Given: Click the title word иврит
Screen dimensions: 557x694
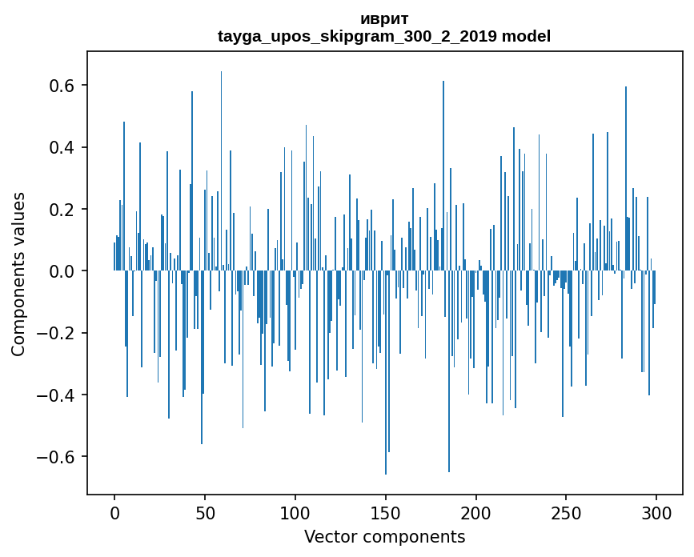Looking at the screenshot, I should click(384, 19).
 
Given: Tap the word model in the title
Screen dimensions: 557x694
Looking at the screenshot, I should click(526, 36).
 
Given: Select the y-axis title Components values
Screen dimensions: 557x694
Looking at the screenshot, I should click(19, 274).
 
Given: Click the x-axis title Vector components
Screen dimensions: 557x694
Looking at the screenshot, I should click(384, 537).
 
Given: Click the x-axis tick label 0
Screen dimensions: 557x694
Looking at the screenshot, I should click(114, 512).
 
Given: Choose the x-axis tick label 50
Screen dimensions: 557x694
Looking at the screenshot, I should click(205, 512).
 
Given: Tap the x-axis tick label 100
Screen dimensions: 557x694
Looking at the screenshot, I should click(295, 512).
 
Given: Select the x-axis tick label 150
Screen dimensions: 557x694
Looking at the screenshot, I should click(386, 512).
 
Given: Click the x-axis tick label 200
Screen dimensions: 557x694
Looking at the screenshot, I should click(476, 512).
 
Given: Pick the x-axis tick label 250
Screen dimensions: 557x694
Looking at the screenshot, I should click(566, 512).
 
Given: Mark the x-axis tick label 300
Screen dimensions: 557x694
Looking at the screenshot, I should click(656, 512).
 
